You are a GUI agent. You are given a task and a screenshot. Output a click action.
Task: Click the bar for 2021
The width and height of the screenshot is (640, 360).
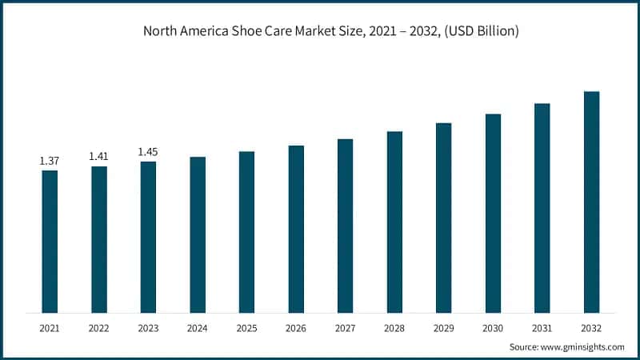tap(50, 241)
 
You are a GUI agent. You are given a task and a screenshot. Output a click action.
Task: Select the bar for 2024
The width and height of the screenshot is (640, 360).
tap(198, 234)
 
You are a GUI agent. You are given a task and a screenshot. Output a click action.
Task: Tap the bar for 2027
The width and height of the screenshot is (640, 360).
tap(345, 226)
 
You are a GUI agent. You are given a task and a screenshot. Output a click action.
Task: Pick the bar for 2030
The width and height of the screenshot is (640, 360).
tap(493, 213)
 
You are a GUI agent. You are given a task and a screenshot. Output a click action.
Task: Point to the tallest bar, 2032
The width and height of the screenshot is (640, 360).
tap(591, 202)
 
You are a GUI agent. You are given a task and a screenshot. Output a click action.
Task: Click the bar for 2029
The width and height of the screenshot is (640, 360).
tap(443, 218)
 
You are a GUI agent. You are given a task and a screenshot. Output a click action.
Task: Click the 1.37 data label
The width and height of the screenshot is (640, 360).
tap(50, 162)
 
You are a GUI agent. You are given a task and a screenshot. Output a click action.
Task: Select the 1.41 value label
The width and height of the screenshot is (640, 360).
tap(99, 156)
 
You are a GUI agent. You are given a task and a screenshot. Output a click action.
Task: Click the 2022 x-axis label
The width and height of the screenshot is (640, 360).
tap(99, 328)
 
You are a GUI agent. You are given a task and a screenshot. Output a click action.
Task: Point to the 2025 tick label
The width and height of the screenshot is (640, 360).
tap(246, 328)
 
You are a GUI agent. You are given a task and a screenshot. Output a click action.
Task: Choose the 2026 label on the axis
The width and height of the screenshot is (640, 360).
tap(296, 328)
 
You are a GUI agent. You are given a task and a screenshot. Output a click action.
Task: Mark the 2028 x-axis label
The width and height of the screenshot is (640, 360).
tap(394, 328)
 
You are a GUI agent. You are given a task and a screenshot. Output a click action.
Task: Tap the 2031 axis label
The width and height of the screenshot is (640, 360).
tap(542, 328)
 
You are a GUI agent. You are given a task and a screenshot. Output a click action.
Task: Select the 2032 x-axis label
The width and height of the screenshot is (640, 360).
tap(591, 328)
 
